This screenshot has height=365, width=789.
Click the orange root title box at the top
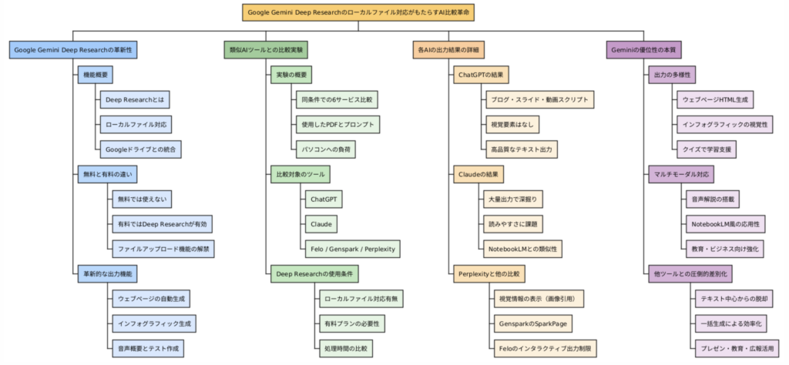coord(358,12)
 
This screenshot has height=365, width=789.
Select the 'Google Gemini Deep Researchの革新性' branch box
coord(73,50)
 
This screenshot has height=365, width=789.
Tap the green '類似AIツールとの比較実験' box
coord(266,50)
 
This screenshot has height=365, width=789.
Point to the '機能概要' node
coord(95,75)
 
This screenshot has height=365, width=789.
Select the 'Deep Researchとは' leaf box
coord(135,100)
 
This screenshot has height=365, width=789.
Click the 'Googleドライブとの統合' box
coord(140,149)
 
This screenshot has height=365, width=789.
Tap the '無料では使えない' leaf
coord(143,199)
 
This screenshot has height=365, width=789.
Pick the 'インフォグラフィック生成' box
coord(154,323)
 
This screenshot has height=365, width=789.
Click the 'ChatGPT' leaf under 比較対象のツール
coord(324,199)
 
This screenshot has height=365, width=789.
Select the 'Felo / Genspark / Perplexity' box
coord(352,249)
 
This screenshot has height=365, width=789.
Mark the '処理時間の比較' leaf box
coord(346,348)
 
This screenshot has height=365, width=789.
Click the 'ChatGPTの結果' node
coord(481,75)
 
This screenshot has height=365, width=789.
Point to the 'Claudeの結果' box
coord(478,175)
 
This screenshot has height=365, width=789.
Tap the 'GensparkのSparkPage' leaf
coord(533,323)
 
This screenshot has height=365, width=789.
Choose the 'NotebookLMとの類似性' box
coord(520,249)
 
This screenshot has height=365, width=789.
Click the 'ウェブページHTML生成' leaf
coord(715,100)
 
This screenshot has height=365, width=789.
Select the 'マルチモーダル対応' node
coord(681,175)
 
